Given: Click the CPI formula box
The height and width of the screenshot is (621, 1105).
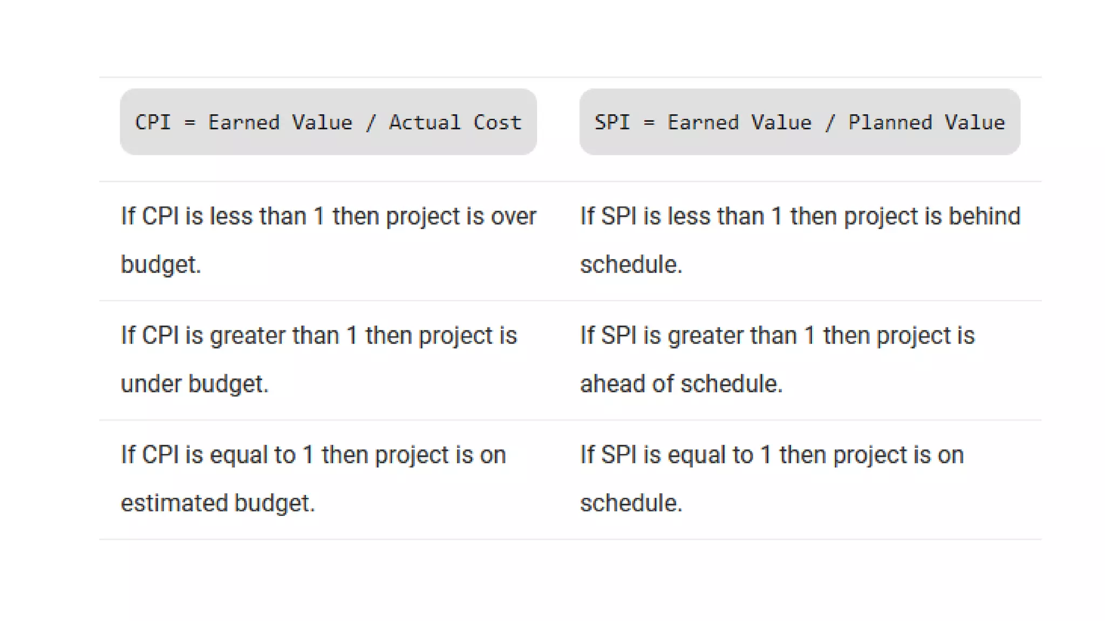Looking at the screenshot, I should [x=328, y=122].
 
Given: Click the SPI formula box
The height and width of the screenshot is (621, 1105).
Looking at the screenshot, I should [x=800, y=122].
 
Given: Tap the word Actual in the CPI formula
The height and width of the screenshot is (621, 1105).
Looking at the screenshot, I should [x=425, y=122].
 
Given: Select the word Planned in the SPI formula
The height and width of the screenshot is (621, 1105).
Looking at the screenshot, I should [x=890, y=122].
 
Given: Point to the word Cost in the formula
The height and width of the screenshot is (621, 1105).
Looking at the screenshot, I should [x=497, y=122].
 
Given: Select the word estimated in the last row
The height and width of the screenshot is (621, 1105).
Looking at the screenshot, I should [x=174, y=503].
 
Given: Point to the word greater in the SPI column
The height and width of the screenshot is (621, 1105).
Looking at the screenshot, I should [x=705, y=336].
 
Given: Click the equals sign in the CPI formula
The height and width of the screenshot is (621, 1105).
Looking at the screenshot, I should [x=189, y=123].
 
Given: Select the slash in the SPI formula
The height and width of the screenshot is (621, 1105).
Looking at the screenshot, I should [x=830, y=122].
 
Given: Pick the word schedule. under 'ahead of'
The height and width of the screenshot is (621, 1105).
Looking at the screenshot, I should [x=731, y=384].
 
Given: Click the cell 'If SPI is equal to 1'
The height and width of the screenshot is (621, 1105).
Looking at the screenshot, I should [x=772, y=479].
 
